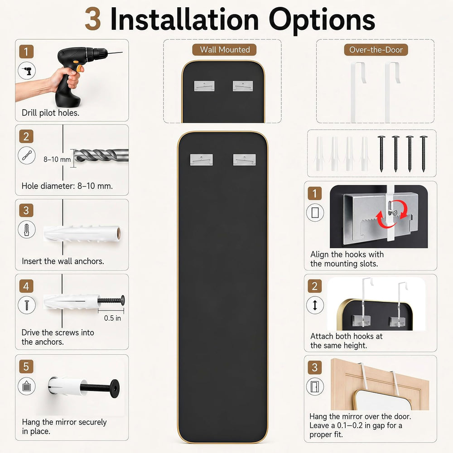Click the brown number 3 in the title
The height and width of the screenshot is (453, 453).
click(93, 19)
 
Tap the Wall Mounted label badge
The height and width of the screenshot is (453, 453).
click(225, 50)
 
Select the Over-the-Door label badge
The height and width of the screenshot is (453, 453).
click(376, 50)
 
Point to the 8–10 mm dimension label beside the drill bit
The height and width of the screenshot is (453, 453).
click(57, 159)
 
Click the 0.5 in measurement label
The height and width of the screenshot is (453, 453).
click(112, 318)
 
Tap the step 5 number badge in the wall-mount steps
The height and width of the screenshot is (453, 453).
click(26, 366)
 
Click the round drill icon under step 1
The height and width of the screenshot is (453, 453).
click(27, 71)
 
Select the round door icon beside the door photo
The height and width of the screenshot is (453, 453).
click(315, 386)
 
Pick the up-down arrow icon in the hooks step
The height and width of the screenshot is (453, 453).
click(315, 305)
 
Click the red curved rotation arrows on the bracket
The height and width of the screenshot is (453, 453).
click(391, 215)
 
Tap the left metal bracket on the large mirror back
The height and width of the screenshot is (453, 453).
click(202, 160)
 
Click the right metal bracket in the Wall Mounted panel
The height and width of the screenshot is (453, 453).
click(243, 86)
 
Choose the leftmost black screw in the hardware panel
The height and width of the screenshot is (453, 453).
click(381, 154)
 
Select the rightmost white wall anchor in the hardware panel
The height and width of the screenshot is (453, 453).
click(365, 154)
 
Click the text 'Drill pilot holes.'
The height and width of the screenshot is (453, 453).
click(51, 113)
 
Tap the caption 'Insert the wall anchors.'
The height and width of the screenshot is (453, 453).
click(63, 261)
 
